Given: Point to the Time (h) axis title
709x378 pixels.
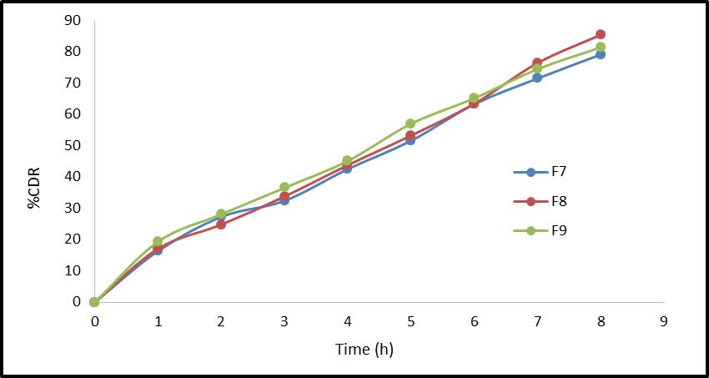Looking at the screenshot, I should tap(364, 349).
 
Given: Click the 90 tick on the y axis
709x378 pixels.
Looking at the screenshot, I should tap(73, 20).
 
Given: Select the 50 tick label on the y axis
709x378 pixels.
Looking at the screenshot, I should tap(73, 145).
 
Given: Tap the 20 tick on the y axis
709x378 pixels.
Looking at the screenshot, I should tap(73, 239).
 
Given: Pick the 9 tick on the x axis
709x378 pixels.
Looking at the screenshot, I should tap(664, 321).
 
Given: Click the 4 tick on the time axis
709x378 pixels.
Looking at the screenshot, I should tap(347, 321).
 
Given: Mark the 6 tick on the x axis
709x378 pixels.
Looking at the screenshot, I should tap(474, 321).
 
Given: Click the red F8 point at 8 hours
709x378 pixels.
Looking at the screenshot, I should tap(601, 34).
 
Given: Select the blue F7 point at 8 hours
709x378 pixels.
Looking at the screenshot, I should tap(601, 54).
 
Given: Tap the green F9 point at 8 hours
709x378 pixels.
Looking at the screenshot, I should tap(601, 47).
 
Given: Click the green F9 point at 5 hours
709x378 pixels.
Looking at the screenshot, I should tap(410, 123).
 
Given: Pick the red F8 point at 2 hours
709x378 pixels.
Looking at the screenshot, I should tap(221, 224).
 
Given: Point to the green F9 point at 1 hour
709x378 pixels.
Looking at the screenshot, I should tap(158, 241).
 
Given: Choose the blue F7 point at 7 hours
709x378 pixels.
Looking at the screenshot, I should tap(537, 78).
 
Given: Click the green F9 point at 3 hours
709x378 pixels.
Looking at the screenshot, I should tap(284, 187).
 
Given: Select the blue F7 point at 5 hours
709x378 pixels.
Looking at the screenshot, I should tap(410, 140).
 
